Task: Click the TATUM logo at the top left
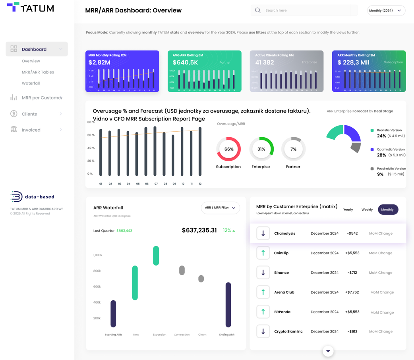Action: [31, 8]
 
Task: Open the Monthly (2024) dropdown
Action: [386, 10]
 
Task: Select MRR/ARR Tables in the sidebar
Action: [38, 72]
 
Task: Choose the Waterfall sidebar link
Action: [31, 83]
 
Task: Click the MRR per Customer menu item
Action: [42, 97]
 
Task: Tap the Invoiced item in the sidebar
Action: [31, 130]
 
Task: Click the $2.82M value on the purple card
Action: [99, 62]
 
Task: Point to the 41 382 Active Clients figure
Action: [265, 62]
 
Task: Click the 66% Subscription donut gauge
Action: [228, 149]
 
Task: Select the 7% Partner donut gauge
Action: [293, 149]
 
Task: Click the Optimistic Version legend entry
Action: [391, 150]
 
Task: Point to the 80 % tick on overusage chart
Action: [91, 122]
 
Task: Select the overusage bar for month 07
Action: [155, 151]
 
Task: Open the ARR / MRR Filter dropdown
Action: [220, 208]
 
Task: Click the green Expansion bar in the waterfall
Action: [156, 255]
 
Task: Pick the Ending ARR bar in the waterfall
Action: [228, 304]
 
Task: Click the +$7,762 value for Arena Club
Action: [352, 292]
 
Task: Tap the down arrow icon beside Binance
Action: [263, 272]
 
